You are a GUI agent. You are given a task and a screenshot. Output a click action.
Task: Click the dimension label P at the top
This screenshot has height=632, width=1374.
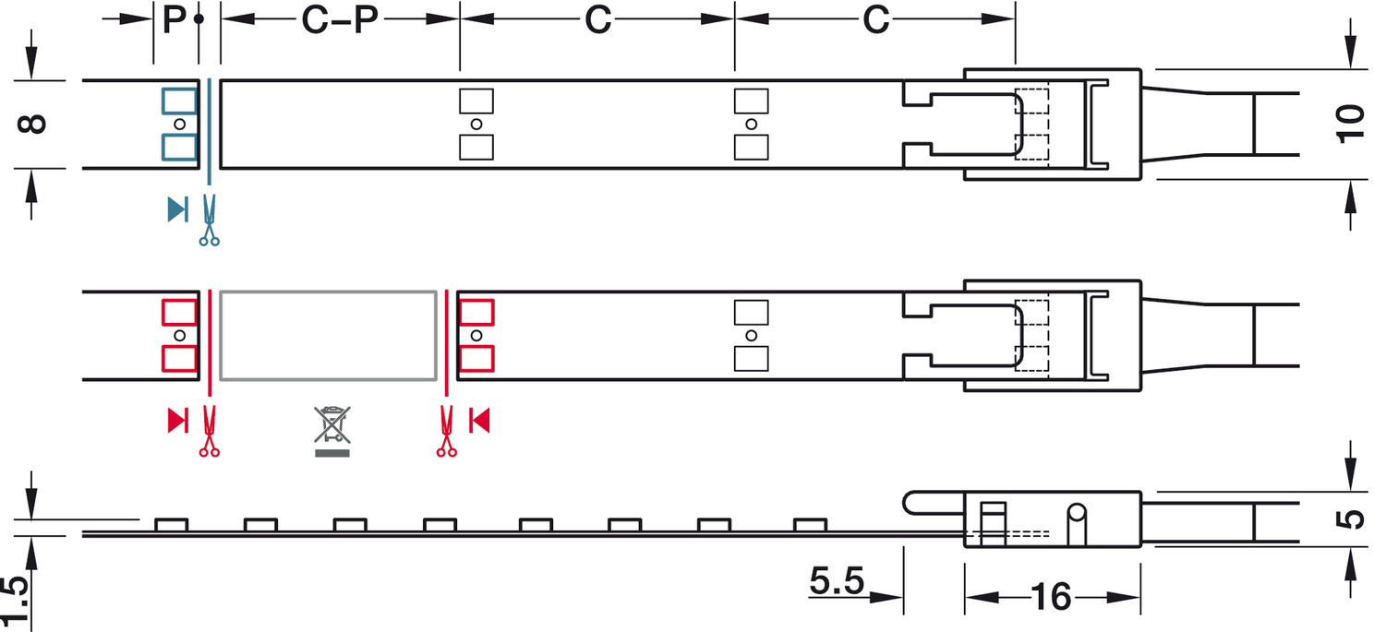point(174,19)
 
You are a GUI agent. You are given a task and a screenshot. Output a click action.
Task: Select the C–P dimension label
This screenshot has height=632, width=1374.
point(339,19)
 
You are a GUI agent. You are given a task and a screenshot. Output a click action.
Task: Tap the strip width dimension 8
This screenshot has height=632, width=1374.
point(32,124)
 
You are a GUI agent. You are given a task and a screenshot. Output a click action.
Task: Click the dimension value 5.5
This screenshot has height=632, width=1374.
point(837,580)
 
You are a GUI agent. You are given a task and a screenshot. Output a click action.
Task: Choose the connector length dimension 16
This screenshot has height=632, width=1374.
point(1052,596)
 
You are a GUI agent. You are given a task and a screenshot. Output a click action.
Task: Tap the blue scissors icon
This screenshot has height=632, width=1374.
point(210,221)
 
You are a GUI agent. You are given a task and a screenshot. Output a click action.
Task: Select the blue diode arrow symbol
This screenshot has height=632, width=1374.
point(178,209)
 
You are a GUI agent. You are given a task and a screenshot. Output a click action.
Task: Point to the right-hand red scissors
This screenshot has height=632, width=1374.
point(447,432)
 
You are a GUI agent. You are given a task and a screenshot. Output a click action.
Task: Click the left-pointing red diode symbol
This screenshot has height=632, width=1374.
point(479,421)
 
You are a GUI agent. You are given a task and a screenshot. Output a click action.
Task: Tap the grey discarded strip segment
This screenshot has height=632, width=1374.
point(328,335)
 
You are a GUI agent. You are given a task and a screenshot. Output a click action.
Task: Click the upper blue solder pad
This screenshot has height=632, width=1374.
point(180,101)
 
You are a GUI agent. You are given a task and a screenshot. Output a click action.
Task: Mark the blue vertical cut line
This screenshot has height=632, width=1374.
point(210,132)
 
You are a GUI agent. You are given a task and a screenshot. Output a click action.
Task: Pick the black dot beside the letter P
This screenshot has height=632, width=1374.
point(199,19)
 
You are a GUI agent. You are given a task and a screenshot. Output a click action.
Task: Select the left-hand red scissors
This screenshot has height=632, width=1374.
point(210,432)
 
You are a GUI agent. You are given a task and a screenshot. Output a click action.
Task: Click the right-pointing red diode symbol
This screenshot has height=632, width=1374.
point(178,421)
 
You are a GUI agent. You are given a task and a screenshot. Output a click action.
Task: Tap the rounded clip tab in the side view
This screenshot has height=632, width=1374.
point(933,503)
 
